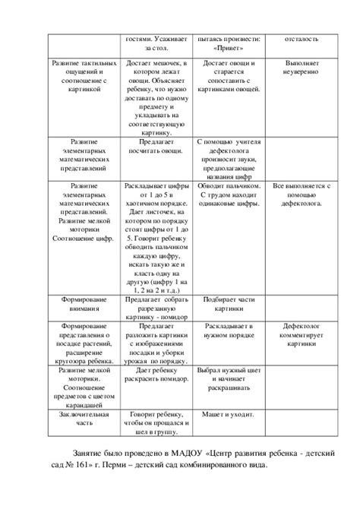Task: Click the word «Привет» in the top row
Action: point(230,46)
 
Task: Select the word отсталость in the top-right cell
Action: point(302,38)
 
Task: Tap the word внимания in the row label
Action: point(84,309)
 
